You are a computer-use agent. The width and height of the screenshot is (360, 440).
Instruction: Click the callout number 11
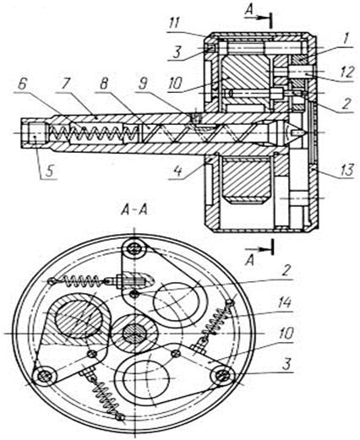[174, 23]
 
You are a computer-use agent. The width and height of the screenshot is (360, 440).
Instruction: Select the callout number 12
[346, 73]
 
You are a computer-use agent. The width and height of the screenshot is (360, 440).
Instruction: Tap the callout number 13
[346, 171]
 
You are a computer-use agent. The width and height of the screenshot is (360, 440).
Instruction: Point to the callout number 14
[285, 303]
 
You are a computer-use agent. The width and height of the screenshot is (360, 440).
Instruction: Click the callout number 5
[50, 171]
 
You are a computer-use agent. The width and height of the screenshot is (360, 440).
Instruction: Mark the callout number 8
[104, 84]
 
